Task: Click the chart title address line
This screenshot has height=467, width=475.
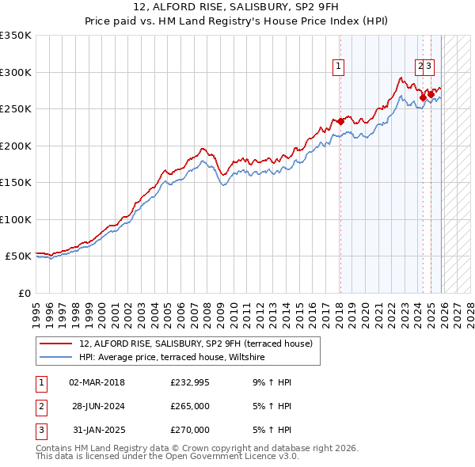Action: pyautogui.click(x=237, y=8)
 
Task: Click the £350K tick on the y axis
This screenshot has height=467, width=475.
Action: pyautogui.click(x=16, y=36)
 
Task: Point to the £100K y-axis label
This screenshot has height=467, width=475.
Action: pyautogui.click(x=16, y=219)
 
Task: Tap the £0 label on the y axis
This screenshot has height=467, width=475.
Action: pyautogui.click(x=25, y=293)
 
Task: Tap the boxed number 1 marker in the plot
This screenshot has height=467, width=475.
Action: pyautogui.click(x=339, y=67)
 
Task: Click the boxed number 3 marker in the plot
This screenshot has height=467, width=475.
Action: pyautogui.click(x=430, y=67)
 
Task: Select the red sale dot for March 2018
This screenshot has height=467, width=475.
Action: pyautogui.click(x=340, y=121)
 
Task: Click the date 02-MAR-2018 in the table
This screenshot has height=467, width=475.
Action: pyautogui.click(x=97, y=382)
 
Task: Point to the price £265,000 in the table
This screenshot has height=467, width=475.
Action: pyautogui.click(x=190, y=406)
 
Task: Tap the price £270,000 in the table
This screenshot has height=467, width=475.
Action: pyautogui.click(x=190, y=430)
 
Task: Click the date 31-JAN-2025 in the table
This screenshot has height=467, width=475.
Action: pyautogui.click(x=97, y=430)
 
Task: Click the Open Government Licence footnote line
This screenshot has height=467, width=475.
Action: pyautogui.click(x=167, y=457)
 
